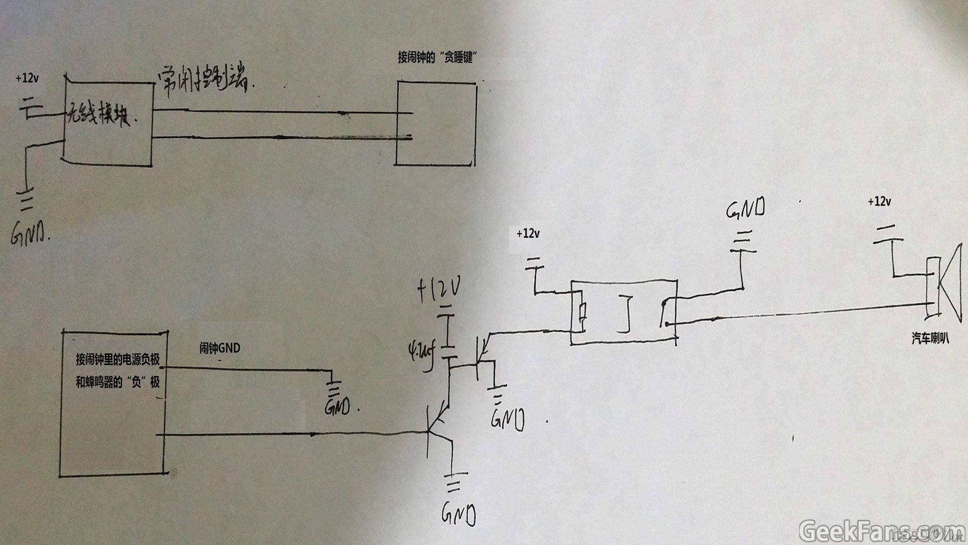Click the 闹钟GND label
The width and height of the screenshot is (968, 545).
coord(220,348)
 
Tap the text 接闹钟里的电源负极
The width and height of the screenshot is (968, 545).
coord(117,359)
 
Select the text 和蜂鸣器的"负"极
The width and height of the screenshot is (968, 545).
coord(117,382)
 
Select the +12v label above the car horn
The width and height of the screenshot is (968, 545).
coord(879,201)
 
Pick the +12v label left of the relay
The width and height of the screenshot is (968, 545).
coord(528,234)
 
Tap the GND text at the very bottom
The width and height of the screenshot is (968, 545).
coord(459,514)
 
